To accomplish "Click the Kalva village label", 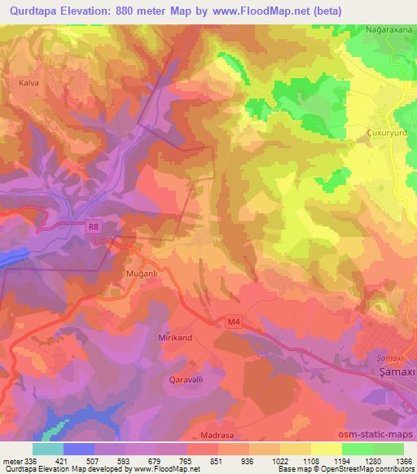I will (17, 83).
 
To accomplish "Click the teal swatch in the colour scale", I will (48, 449).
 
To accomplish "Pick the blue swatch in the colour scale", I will (79, 449).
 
